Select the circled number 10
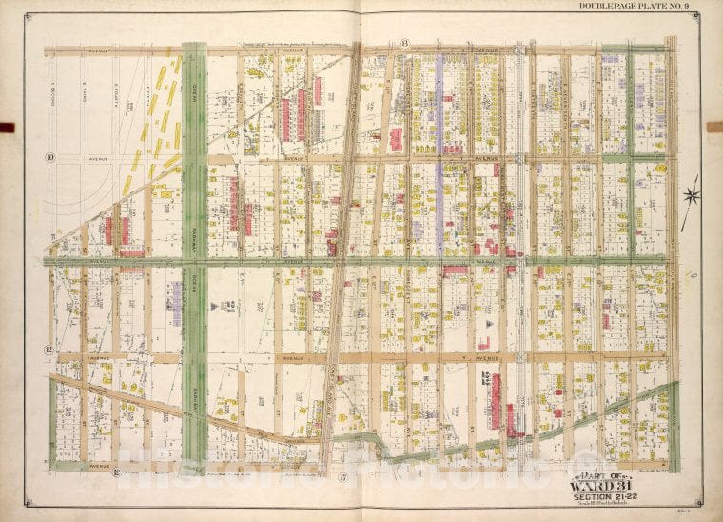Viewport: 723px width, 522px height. click(48, 157)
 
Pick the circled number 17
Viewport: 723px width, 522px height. click(340, 473)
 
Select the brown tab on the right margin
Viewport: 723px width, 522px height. click(716, 127)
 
